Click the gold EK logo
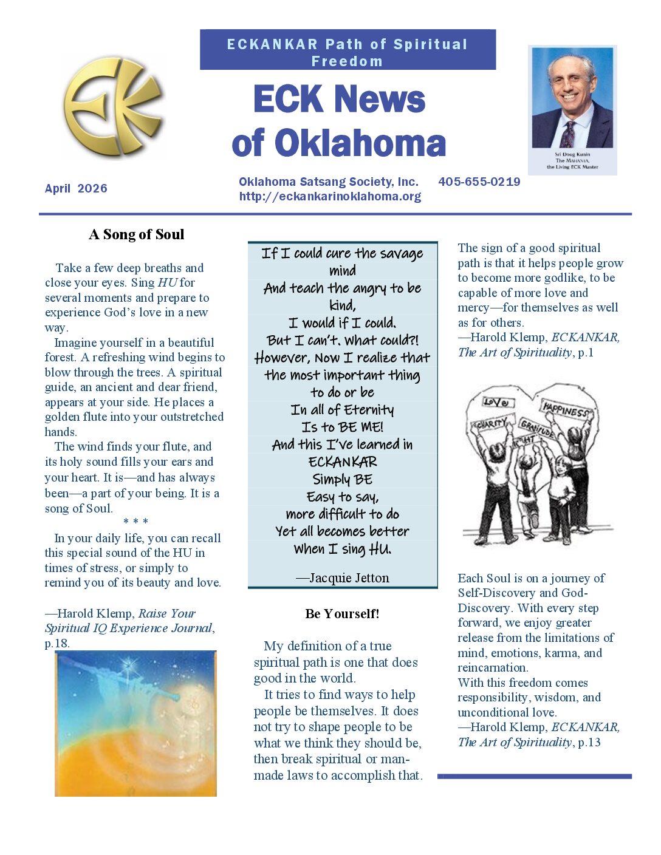pyautogui.click(x=114, y=107)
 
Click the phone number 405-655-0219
pyautogui.click(x=479, y=182)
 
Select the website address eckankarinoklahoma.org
pyautogui.click(x=330, y=196)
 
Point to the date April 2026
pyautogui.click(x=76, y=188)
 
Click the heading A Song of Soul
pyautogui.click(x=136, y=234)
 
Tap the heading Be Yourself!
pyautogui.click(x=342, y=613)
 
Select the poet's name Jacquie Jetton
pyautogui.click(x=349, y=578)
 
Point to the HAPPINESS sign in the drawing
pyautogui.click(x=565, y=411)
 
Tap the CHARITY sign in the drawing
pyautogui.click(x=491, y=423)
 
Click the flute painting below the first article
pyautogui.click(x=135, y=723)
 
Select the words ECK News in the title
pyautogui.click(x=339, y=99)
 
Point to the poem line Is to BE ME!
pyautogui.click(x=342, y=427)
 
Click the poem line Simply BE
pyautogui.click(x=342, y=479)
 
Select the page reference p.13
pyautogui.click(x=589, y=742)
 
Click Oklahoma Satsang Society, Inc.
pyautogui.click(x=328, y=182)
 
